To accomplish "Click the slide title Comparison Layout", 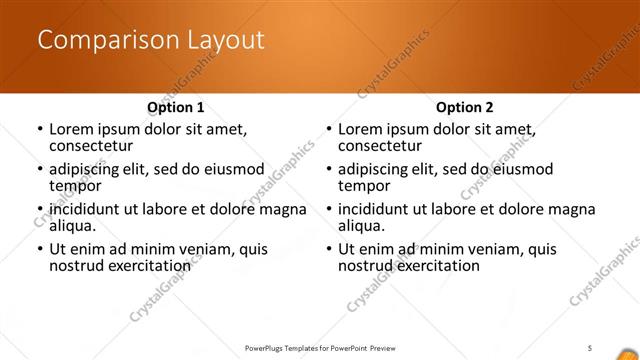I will click(x=151, y=41).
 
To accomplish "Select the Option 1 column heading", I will click(x=176, y=106).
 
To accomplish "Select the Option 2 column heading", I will click(x=464, y=106).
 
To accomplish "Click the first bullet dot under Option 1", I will click(x=39, y=130).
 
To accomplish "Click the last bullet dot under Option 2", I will click(x=328, y=250).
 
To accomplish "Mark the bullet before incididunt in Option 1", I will click(x=39, y=210).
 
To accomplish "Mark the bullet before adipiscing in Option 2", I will click(x=328, y=170).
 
